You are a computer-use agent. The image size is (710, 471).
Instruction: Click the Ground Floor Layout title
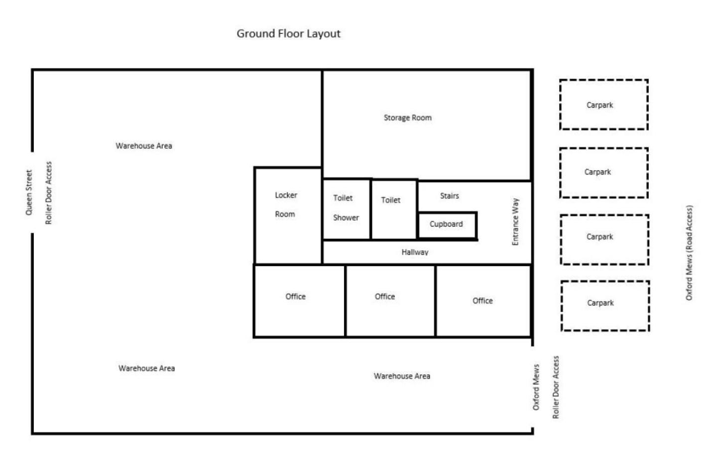(x=288, y=34)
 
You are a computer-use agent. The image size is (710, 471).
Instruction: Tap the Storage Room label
(x=408, y=118)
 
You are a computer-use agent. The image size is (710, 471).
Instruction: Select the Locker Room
(x=288, y=215)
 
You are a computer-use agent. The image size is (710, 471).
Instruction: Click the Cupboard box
(x=447, y=225)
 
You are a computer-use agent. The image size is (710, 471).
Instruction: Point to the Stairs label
(x=450, y=196)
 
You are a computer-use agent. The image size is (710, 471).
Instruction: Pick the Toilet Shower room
(x=347, y=209)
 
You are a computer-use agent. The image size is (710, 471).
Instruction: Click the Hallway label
(x=415, y=252)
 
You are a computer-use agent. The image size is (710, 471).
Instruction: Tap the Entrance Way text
(x=515, y=221)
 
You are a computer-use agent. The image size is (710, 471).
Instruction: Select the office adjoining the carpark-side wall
(x=483, y=301)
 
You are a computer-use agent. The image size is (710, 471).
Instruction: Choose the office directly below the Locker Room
(x=300, y=301)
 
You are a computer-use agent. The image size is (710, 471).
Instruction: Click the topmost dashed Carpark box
(x=604, y=105)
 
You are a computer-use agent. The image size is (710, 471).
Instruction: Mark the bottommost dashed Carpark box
(x=605, y=306)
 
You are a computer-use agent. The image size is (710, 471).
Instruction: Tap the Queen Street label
(x=29, y=192)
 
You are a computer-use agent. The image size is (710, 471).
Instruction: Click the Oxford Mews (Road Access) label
(x=689, y=253)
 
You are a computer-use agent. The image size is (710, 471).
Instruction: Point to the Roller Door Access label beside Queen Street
(x=48, y=193)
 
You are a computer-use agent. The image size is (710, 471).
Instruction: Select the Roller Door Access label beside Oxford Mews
(x=556, y=387)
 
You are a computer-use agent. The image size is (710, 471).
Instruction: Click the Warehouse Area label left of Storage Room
(x=144, y=146)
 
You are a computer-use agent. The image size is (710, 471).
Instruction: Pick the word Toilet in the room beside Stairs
(x=390, y=200)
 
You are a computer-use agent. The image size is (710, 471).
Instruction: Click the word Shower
(x=346, y=218)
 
